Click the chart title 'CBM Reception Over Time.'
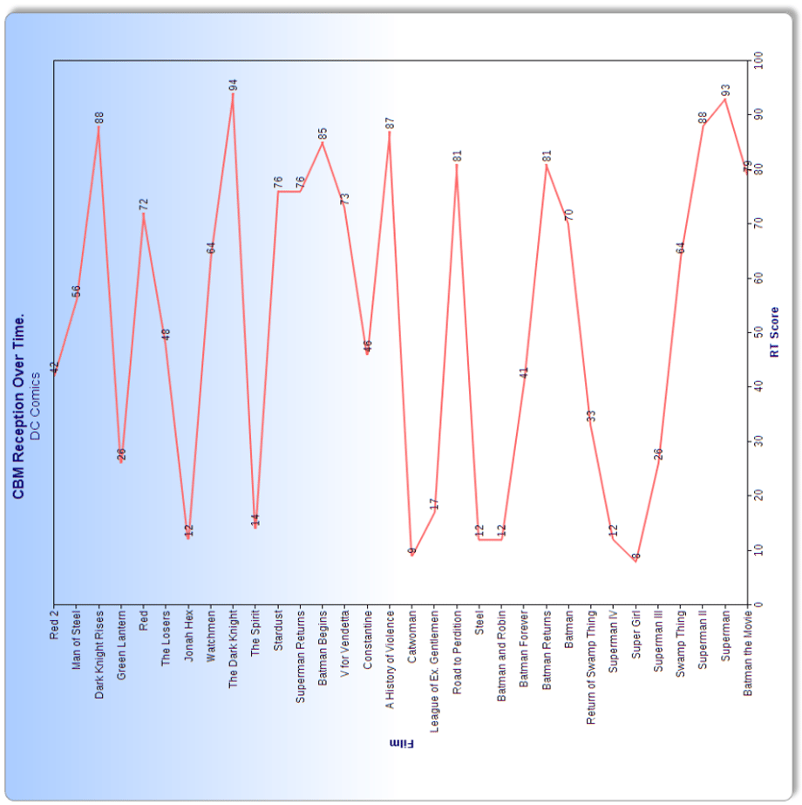tap(19, 406)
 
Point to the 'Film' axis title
tap(400, 743)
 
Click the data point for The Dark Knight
tap(233, 93)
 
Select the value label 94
tap(233, 85)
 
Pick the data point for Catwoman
tap(412, 555)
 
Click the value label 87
tap(391, 123)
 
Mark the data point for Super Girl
tap(636, 561)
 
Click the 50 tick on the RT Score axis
tap(758, 332)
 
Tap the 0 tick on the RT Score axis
tap(758, 604)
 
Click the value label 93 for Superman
tap(725, 90)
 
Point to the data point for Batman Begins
tap(323, 142)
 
